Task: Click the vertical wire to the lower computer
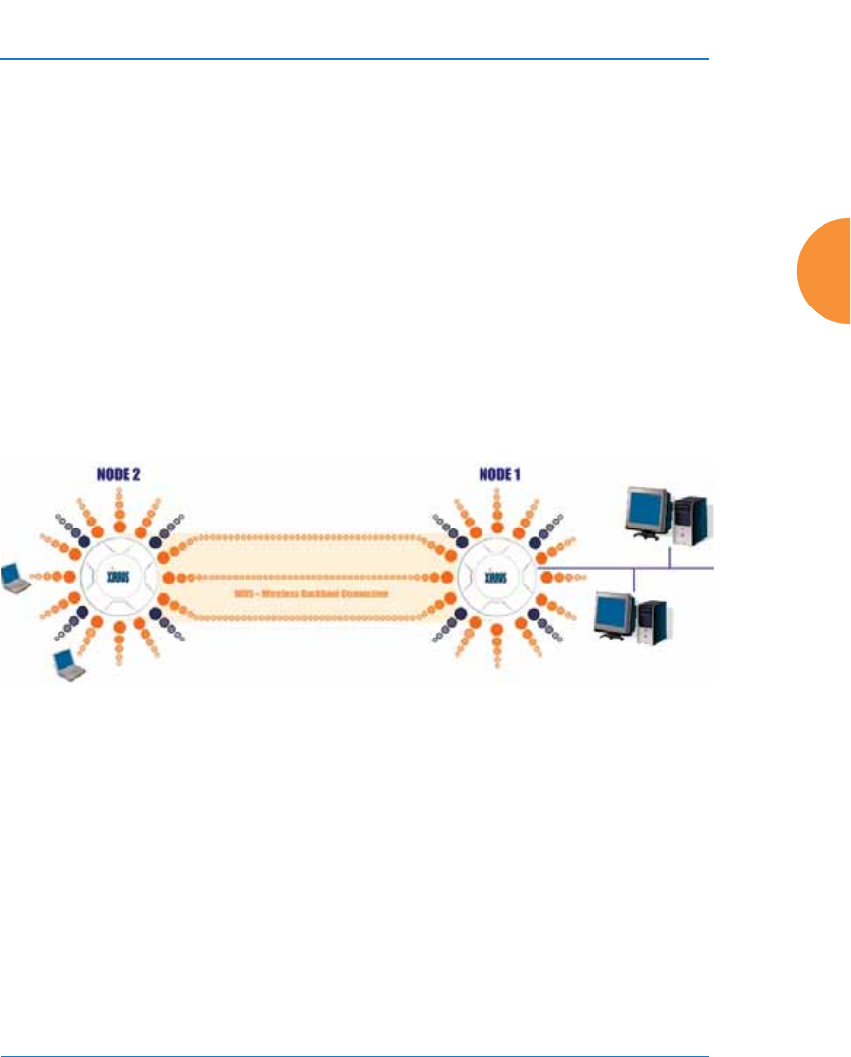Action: pos(635,582)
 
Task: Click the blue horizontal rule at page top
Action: pos(354,59)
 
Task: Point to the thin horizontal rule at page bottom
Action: pos(354,1030)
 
